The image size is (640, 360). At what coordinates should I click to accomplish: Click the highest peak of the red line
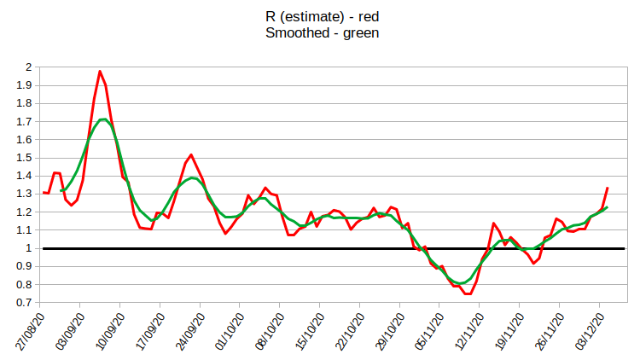point(100,71)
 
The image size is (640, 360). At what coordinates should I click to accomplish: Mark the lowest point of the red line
point(468,294)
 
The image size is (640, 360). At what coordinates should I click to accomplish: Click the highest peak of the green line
point(102,119)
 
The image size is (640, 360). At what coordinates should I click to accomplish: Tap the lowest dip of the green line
point(460,283)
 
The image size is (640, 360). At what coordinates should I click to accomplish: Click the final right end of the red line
point(607,188)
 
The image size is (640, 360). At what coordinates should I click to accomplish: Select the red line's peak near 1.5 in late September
point(191,154)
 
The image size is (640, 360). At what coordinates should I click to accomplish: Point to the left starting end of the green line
point(61,190)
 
